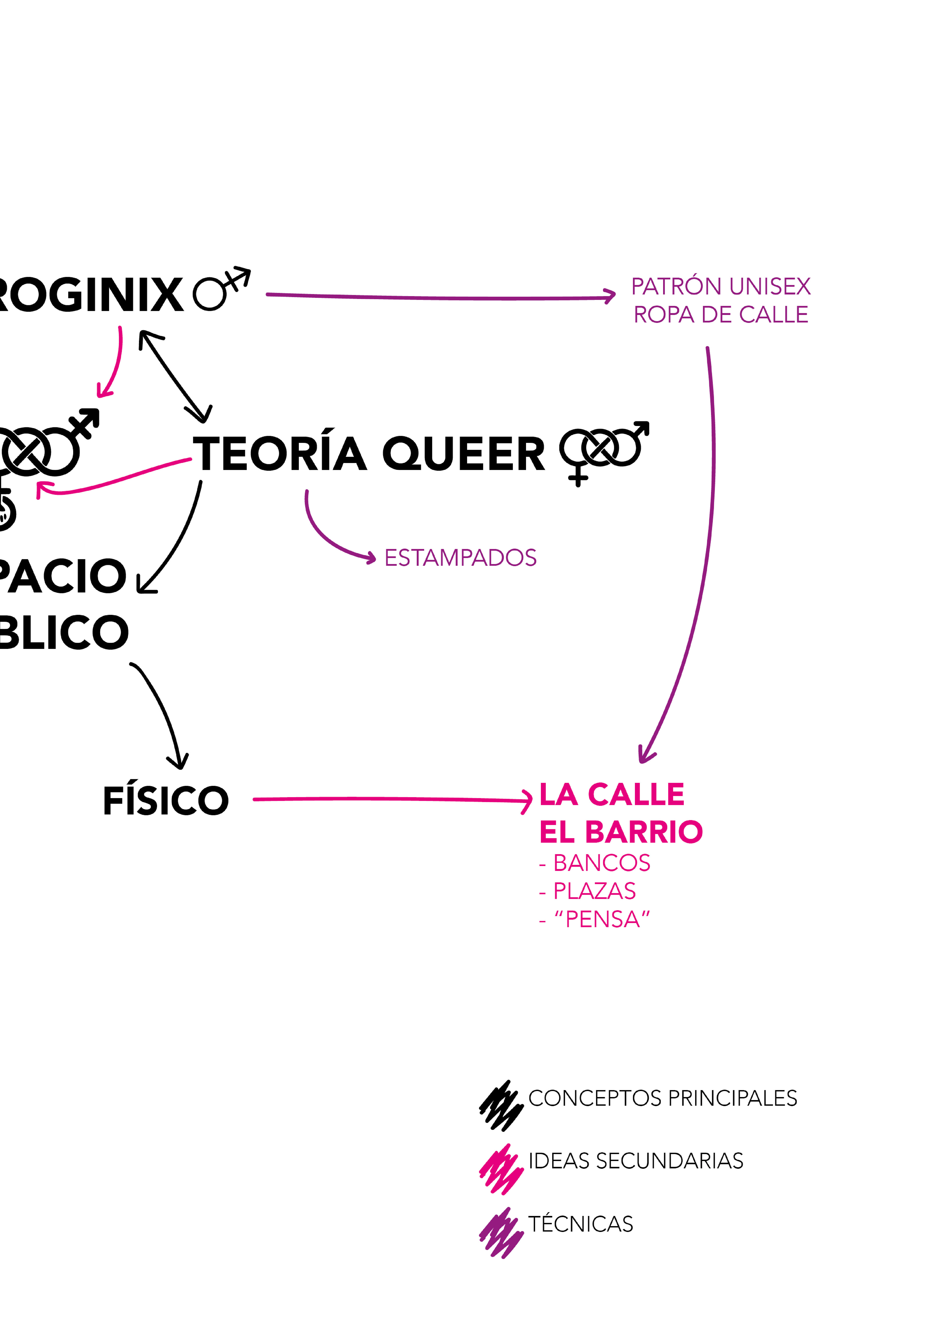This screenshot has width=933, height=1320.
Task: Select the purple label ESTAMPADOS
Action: pyautogui.click(x=460, y=558)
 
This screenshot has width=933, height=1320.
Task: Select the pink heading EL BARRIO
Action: pyautogui.click(x=621, y=831)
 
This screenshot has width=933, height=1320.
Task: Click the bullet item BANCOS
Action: pyautogui.click(x=601, y=863)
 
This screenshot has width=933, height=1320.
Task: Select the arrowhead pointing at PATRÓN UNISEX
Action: pyautogui.click(x=611, y=296)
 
